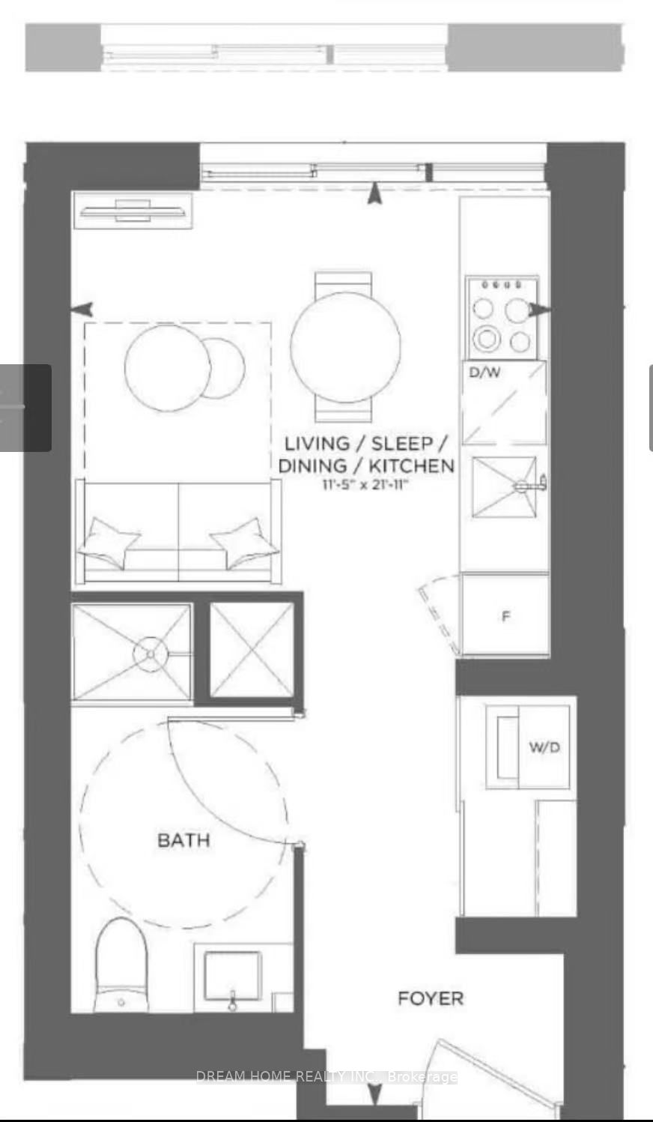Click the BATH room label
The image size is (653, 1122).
pos(183,840)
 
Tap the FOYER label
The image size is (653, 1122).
pos(431,998)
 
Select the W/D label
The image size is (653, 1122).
pos(544,747)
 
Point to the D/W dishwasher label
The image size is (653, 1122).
pos(485,373)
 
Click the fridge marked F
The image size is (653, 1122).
pos(505,615)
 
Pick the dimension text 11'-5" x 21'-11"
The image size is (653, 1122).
pos(365,485)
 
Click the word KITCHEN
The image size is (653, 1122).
pos(411,466)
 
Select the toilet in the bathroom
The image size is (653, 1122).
pos(121,965)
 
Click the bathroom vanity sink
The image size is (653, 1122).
pos(233,975)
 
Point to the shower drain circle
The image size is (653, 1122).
pos(150,654)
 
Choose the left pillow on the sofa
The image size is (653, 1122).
pos(109,543)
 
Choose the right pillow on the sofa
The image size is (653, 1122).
pos(245,543)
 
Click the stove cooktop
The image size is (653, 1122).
pos(502,318)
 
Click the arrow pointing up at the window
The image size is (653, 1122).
pos(374,194)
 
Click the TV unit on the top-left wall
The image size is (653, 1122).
pos(133,211)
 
